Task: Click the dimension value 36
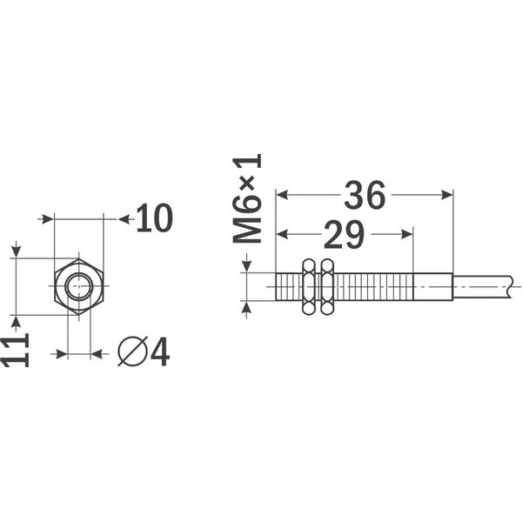(365, 197)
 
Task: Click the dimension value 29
(344, 235)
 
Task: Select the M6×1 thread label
(247, 198)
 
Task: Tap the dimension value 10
(154, 219)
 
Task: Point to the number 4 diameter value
(159, 351)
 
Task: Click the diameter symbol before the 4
(131, 351)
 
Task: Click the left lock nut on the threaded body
(308, 286)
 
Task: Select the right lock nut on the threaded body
(327, 286)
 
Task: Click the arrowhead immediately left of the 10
(124, 219)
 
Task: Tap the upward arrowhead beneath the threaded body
(247, 305)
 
